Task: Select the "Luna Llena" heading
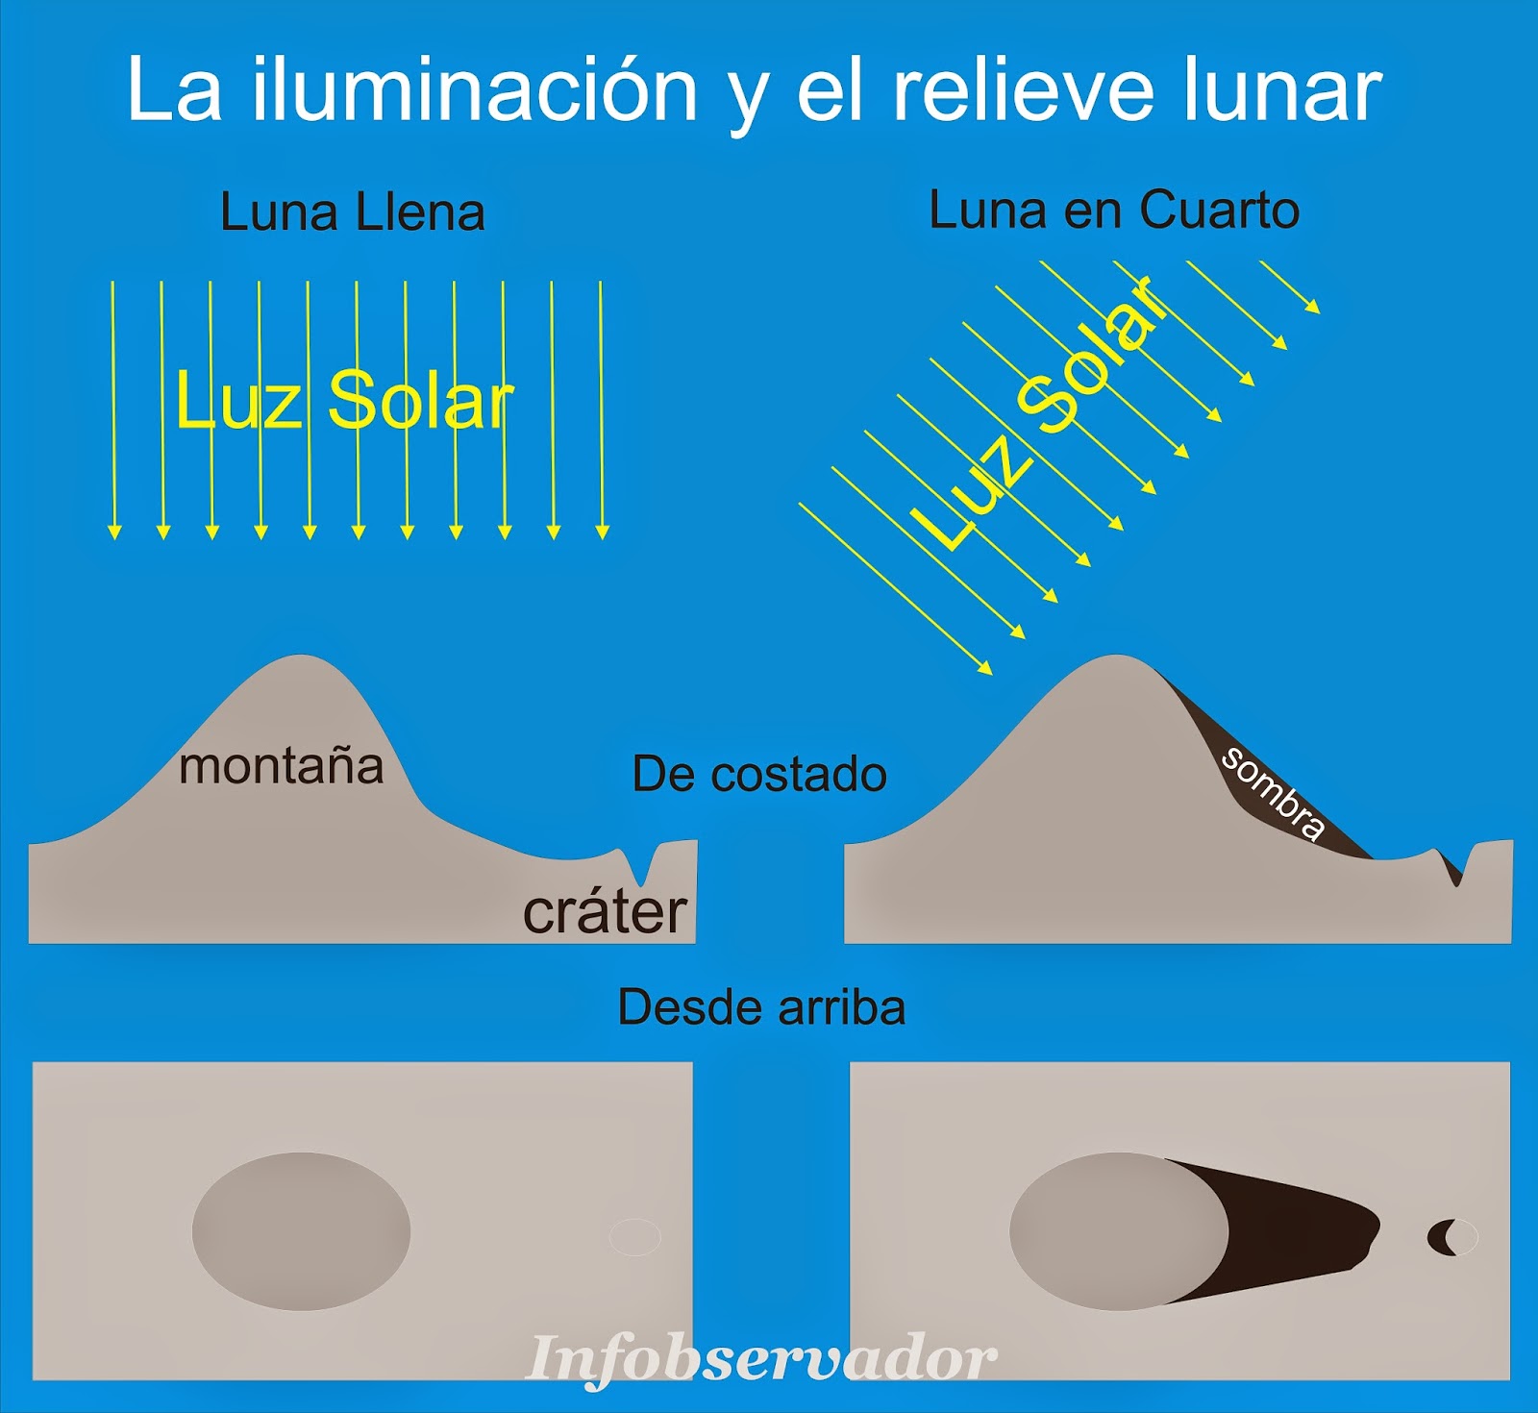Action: click(352, 212)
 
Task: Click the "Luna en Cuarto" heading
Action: click(1113, 211)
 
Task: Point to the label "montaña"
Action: click(281, 767)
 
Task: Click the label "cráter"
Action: click(605, 912)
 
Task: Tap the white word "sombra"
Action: click(1273, 793)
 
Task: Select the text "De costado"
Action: click(759, 775)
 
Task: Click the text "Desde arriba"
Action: click(761, 1007)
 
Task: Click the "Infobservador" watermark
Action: click(761, 1358)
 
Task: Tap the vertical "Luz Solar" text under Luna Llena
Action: click(343, 401)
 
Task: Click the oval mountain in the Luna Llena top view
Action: click(301, 1231)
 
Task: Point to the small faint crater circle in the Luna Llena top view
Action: click(635, 1237)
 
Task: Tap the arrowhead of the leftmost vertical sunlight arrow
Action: click(114, 532)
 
